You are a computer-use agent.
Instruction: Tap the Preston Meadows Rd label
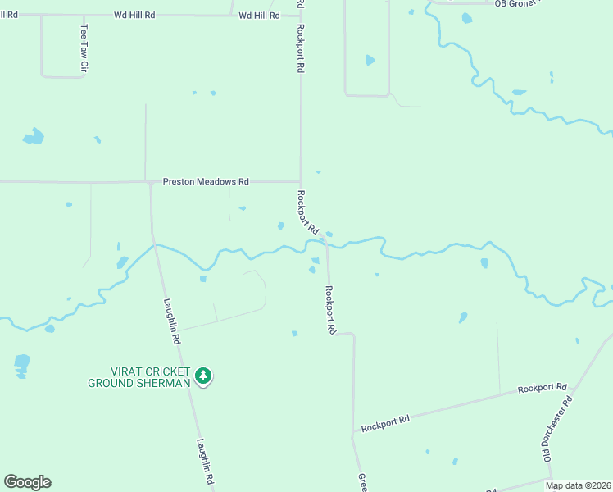(x=206, y=181)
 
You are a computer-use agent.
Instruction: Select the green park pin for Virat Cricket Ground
(x=203, y=376)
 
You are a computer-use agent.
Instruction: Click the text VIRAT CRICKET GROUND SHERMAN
(x=139, y=377)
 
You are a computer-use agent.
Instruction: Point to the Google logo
(x=27, y=482)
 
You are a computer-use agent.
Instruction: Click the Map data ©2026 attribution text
(x=577, y=485)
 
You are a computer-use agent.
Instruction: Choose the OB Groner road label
(x=516, y=3)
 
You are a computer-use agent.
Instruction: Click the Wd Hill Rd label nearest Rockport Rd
(x=259, y=16)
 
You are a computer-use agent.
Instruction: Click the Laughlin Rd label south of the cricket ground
(x=204, y=462)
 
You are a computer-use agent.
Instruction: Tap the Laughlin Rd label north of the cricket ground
(x=171, y=320)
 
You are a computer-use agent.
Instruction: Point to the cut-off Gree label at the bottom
(x=361, y=482)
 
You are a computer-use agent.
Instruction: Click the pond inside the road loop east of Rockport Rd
(x=370, y=60)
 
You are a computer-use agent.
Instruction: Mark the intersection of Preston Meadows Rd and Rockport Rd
(x=301, y=181)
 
